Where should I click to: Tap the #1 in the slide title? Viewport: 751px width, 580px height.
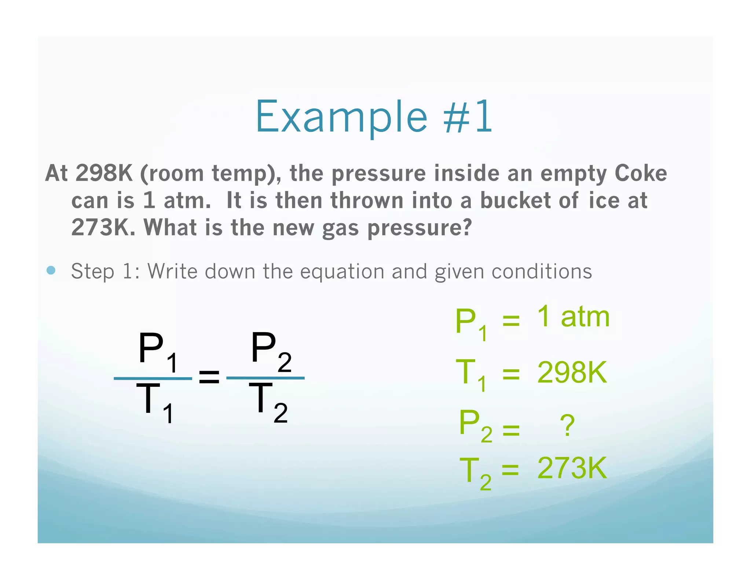(x=468, y=117)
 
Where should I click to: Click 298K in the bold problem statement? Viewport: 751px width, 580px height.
(x=104, y=173)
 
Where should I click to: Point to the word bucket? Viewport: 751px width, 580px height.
(x=515, y=201)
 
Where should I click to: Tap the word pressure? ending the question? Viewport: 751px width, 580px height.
(x=420, y=228)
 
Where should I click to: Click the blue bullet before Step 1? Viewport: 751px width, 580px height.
(x=51, y=271)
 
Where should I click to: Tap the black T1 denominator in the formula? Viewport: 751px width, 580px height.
(x=154, y=402)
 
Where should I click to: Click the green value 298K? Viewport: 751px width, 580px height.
(x=572, y=372)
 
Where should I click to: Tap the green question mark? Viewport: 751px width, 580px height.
(x=567, y=425)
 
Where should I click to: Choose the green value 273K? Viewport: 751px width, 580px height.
(x=572, y=468)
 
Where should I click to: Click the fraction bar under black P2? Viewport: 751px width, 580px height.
(x=265, y=378)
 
